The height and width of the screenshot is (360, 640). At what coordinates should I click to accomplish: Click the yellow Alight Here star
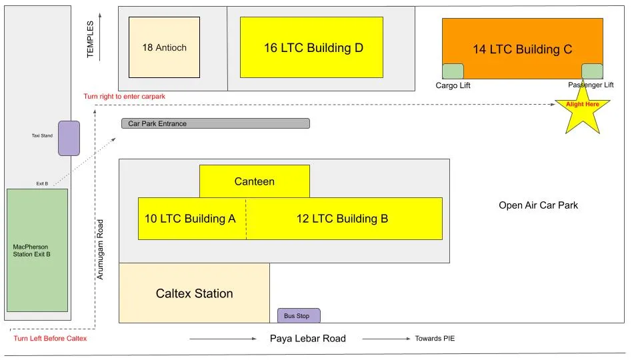coord(583,112)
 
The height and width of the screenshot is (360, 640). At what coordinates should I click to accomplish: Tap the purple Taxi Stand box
coord(69,138)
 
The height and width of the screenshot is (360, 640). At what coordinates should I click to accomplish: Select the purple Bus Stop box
coord(298,315)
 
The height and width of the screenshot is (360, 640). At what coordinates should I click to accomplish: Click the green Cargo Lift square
coord(453,71)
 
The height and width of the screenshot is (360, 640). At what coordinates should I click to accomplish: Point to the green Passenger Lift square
coord(592,71)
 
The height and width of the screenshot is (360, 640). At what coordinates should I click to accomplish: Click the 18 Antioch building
coord(164,47)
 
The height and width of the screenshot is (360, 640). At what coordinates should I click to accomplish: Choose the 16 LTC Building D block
coord(311,47)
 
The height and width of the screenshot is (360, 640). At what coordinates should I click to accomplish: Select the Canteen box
coord(254,181)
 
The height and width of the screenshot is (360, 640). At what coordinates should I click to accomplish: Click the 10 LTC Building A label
coord(185,219)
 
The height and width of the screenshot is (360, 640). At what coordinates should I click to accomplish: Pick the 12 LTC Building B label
coord(343,219)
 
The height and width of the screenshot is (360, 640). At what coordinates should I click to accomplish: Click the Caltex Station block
coord(194,293)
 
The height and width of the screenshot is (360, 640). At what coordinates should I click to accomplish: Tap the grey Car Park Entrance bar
coord(215,123)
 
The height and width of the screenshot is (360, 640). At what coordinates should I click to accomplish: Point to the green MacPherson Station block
coord(37,250)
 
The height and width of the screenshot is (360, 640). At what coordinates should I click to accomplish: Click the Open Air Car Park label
coord(538,205)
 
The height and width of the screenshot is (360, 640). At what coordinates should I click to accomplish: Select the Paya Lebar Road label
coord(307,339)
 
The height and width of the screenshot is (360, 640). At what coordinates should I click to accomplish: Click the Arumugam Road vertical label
coord(101,249)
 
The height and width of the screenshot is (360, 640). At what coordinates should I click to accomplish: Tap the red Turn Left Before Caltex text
coord(51,339)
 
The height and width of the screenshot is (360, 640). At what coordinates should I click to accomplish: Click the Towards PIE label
coord(435,339)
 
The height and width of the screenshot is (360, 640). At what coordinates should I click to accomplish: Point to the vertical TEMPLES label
coord(91,39)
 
